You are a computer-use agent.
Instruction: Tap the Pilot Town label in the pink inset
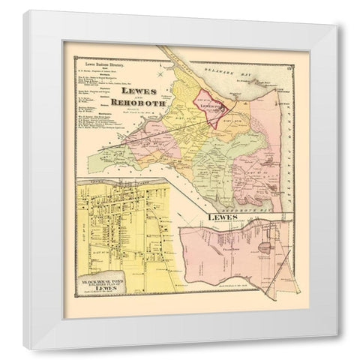(x=220, y=243)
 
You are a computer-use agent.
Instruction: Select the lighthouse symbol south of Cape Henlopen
(x=279, y=104)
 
